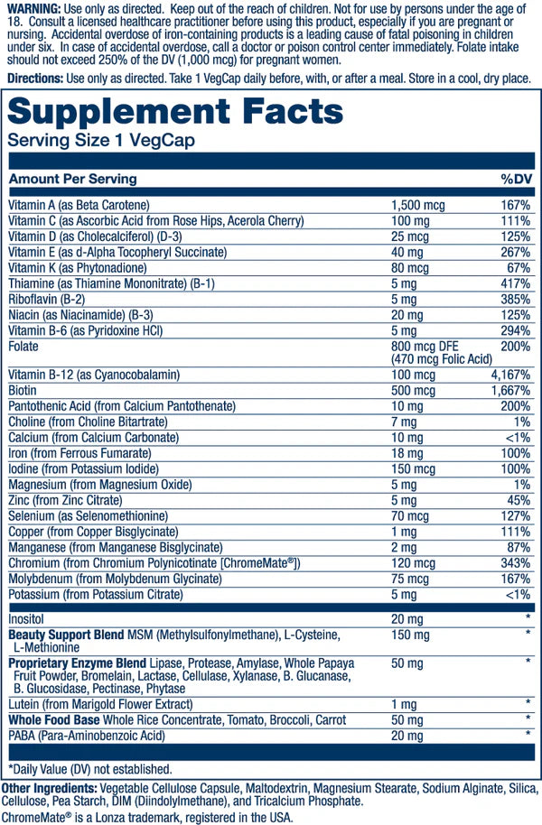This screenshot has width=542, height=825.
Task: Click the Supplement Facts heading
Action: coord(176,113)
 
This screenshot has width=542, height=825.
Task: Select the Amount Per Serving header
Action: coord(72,179)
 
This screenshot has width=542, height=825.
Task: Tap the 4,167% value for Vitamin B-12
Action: coord(509,374)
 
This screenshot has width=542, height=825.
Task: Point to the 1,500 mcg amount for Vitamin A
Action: coord(415,205)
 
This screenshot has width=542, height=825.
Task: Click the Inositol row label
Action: coord(26,619)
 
